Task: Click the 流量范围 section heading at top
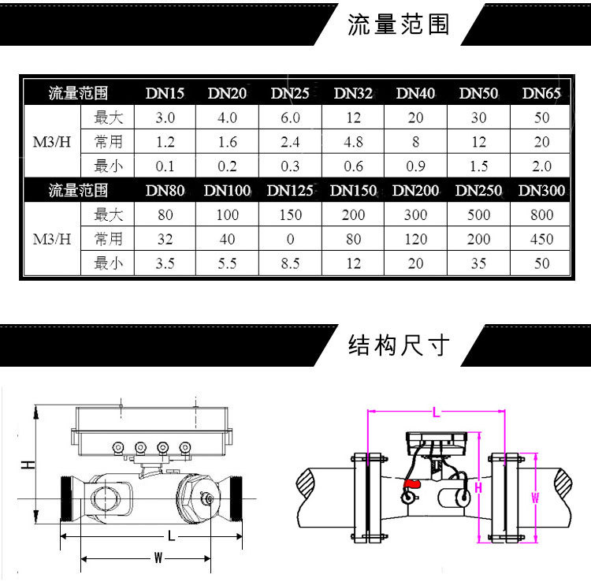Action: click(399, 24)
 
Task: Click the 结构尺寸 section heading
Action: click(399, 345)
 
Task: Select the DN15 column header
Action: click(165, 93)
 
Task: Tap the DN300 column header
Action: click(541, 190)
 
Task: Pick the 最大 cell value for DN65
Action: click(541, 118)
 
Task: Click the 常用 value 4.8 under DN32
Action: click(353, 142)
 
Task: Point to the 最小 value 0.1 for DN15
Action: click(165, 166)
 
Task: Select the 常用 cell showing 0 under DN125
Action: click(290, 239)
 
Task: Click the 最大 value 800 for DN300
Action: click(541, 215)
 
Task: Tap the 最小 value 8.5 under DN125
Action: click(290, 263)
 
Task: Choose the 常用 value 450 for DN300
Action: click(541, 239)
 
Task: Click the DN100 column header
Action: click(227, 190)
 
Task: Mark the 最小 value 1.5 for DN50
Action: click(478, 166)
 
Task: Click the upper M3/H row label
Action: click(52, 142)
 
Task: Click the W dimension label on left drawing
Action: click(158, 558)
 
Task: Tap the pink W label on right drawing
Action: click(535, 497)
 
